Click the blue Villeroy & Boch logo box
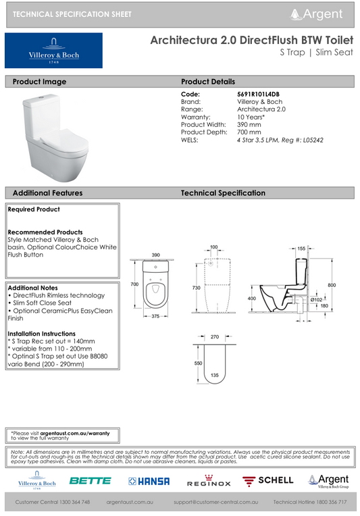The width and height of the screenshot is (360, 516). coord(53,50)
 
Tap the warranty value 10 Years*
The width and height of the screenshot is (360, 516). coord(251,116)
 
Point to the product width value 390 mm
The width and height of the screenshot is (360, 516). coord(249,124)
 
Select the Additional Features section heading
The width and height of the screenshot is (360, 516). coord(48,193)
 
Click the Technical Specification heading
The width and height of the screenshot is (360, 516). coord(223,193)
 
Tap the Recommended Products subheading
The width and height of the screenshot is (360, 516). coord(45,232)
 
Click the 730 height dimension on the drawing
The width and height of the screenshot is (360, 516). coord(196,288)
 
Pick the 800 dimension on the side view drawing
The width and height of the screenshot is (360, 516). coord(332,286)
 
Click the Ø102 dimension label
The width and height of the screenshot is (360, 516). coord(315,299)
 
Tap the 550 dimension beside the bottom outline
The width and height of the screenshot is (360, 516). coord(199,363)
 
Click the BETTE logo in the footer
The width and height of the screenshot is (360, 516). coord(90,481)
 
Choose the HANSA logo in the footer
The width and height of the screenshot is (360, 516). coord(149,481)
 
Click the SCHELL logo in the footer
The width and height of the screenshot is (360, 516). coord(268,480)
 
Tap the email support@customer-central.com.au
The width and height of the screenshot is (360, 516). coord(216,502)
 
